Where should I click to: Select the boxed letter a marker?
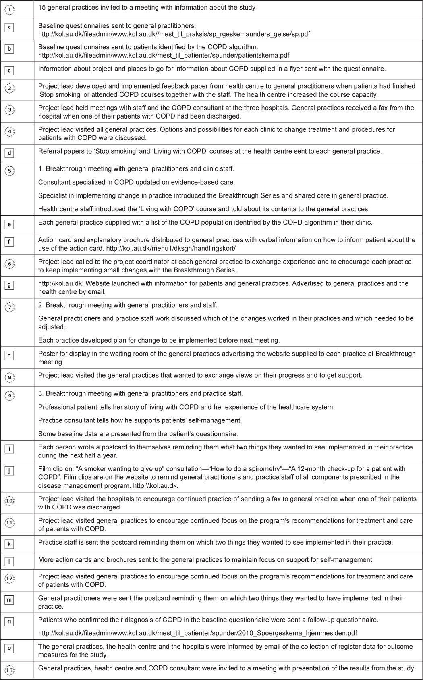pos(9,28)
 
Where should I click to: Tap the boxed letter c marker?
pos(9,71)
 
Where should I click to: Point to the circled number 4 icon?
pos(10,132)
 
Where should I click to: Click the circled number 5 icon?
pos(10,171)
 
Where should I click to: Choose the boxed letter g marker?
pos(9,285)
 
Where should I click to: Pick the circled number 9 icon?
pos(10,396)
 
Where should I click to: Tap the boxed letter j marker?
pos(9,471)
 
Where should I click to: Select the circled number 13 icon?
pos(10,670)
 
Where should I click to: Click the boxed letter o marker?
pos(9,648)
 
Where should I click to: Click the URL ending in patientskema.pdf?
pos(164,56)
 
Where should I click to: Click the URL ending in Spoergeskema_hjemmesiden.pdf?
pos(197,633)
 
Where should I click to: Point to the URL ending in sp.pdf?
pos(174,34)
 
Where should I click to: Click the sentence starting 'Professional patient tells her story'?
pos(186,407)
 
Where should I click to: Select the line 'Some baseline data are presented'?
pos(138,434)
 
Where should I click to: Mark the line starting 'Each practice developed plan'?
pos(159,341)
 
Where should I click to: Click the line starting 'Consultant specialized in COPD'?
pos(136,182)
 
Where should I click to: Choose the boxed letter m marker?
pos(9,600)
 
